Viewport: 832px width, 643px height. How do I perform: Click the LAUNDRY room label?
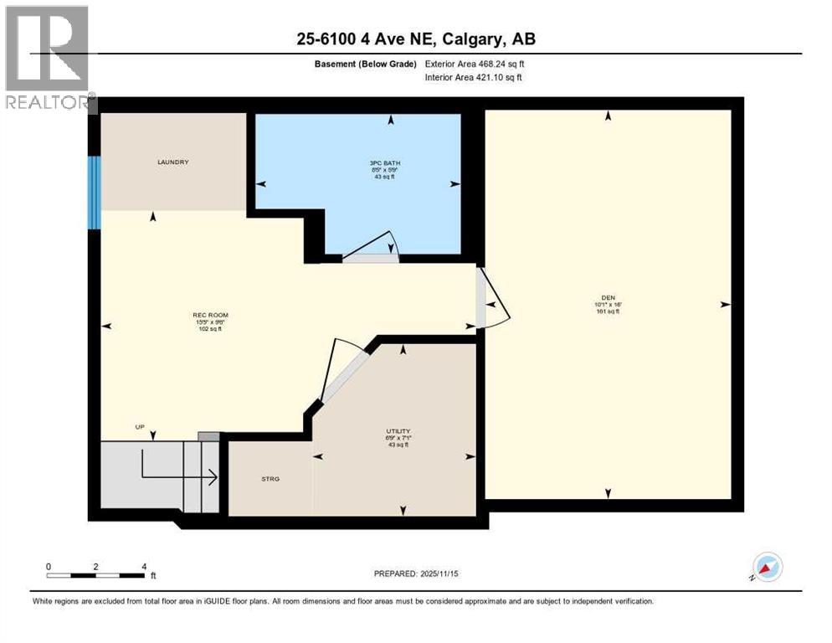[x=173, y=162]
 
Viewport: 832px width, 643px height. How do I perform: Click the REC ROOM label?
[x=209, y=316]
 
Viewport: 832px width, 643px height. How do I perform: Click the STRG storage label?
[x=270, y=479]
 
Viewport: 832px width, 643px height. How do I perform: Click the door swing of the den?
[x=492, y=300]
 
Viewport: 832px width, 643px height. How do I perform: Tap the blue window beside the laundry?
[x=95, y=193]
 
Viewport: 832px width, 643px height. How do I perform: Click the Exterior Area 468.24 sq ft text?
[x=475, y=64]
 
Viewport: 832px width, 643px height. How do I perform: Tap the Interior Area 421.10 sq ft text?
[x=474, y=78]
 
